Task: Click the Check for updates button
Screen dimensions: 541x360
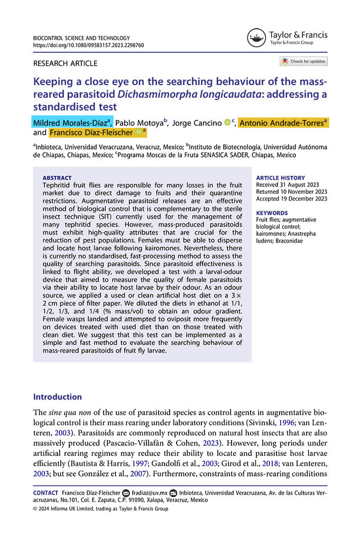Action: [x=304, y=61]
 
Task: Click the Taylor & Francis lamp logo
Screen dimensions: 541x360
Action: [x=256, y=38]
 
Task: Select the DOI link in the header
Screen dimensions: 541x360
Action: [x=88, y=45]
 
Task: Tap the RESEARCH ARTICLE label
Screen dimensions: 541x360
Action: [x=65, y=63]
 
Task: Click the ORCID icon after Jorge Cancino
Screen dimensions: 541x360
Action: [x=227, y=123]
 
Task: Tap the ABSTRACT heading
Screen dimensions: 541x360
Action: [x=57, y=178]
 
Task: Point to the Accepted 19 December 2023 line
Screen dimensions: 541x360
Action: [x=291, y=199]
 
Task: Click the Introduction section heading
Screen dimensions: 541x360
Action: [x=58, y=397]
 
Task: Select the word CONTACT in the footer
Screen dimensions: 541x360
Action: [x=45, y=492]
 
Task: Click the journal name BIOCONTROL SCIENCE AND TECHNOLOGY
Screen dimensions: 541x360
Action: [x=81, y=38]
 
